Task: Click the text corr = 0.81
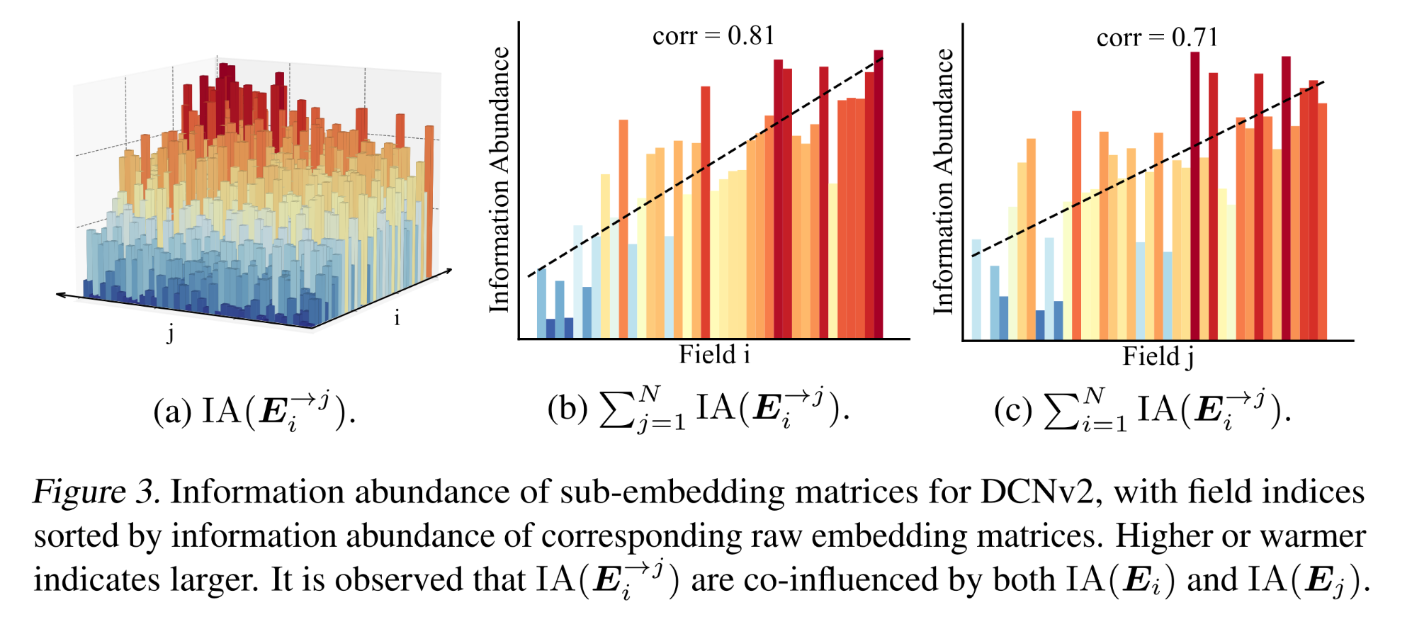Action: point(713,35)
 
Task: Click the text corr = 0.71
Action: point(1156,37)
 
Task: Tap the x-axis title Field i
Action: point(714,354)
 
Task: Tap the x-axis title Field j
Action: point(1158,356)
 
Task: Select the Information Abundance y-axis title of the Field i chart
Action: point(499,180)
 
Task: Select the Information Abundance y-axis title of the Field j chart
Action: point(943,181)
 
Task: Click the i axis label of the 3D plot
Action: point(397,318)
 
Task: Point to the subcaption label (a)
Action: point(172,412)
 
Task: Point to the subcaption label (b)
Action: point(567,409)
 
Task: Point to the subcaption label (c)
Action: point(1012,411)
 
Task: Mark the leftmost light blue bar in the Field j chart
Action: point(976,289)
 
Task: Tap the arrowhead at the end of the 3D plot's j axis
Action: point(60,293)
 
